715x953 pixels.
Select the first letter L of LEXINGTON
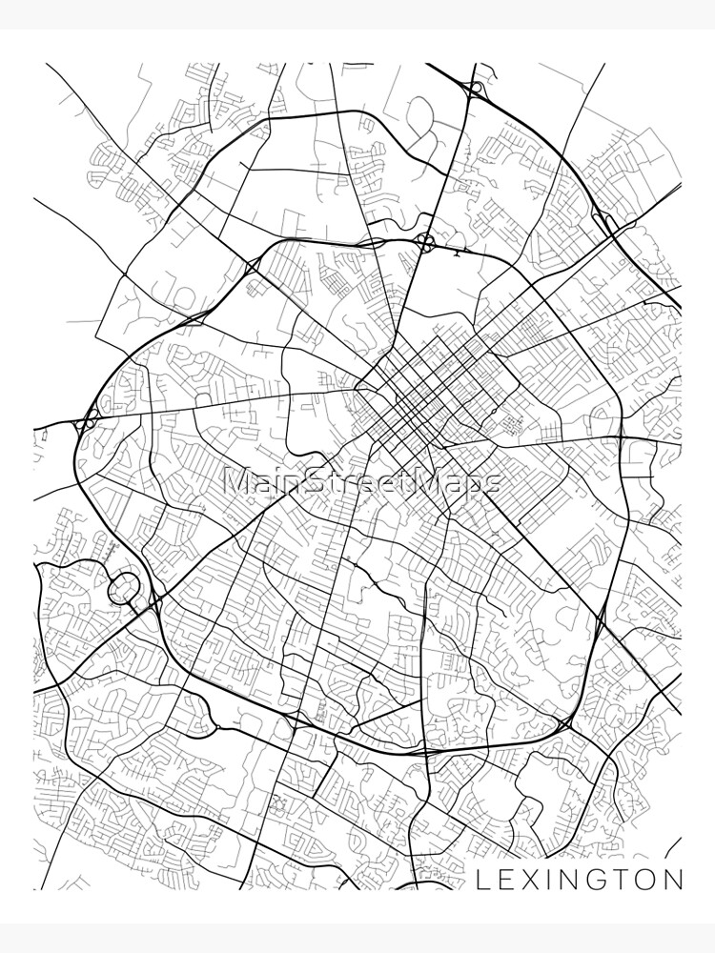[x=481, y=879]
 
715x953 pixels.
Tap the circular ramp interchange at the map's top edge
[x=473, y=88]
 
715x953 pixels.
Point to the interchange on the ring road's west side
[x=88, y=420]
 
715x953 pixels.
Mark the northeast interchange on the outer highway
[x=603, y=221]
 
